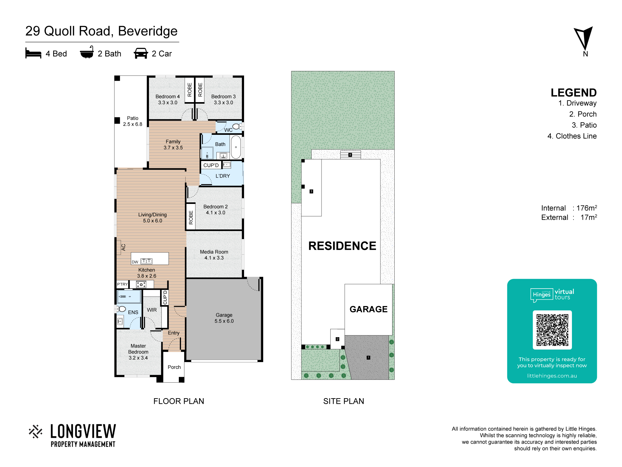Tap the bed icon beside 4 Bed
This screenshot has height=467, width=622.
[x=33, y=53]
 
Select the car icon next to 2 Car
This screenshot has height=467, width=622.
[x=141, y=53]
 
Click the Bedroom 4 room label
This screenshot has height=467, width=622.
[x=168, y=97]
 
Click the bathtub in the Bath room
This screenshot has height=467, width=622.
[x=236, y=147]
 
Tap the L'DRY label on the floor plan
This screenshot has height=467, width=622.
[x=223, y=176]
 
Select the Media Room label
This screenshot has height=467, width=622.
[x=214, y=252]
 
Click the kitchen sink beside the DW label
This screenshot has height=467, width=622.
[x=146, y=261]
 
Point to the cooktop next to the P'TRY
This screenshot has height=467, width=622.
[x=141, y=284]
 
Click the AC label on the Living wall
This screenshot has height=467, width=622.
[x=123, y=248]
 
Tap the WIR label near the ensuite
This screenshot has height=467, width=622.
[x=152, y=310]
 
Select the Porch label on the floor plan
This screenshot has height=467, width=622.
[x=174, y=367]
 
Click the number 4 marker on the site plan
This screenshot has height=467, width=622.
[x=350, y=155]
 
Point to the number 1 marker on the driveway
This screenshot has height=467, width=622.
[x=368, y=358]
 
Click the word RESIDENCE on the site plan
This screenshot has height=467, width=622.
[x=342, y=246]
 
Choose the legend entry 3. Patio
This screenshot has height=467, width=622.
[x=584, y=125]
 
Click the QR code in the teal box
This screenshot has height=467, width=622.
[x=552, y=330]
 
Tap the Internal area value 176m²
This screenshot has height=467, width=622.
[x=587, y=208]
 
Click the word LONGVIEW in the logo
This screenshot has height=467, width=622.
[x=83, y=432]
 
